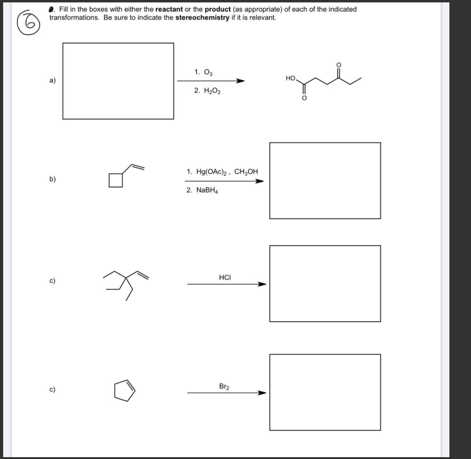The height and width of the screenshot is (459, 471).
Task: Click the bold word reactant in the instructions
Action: [170, 10]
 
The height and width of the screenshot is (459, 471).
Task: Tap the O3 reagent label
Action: [203, 72]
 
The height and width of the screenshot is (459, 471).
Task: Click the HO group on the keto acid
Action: [290, 79]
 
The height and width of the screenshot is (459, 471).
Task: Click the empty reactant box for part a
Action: [118, 81]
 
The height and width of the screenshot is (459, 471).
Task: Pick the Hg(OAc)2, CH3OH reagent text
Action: [222, 172]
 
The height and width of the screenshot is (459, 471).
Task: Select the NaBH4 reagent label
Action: [202, 190]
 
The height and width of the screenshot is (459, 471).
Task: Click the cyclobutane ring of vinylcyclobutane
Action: [116, 180]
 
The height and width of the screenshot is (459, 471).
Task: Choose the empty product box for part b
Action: [325, 181]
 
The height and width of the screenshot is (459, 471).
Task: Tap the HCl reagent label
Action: [225, 277]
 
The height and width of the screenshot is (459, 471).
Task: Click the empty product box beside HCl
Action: [325, 284]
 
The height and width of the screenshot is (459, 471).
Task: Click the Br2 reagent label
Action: [224, 386]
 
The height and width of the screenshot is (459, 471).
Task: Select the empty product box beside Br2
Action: [325, 392]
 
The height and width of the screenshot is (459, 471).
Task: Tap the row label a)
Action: [52, 81]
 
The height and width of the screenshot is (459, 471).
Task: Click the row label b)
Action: [52, 179]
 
